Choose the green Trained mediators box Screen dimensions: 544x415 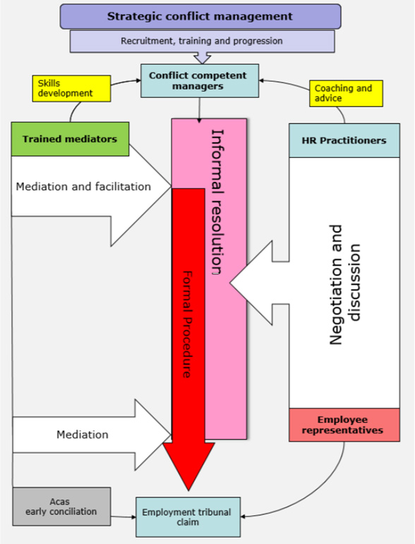69,140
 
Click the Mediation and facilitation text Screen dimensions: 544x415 83,187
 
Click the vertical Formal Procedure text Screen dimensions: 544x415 186,324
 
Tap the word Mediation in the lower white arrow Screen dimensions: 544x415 82,435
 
